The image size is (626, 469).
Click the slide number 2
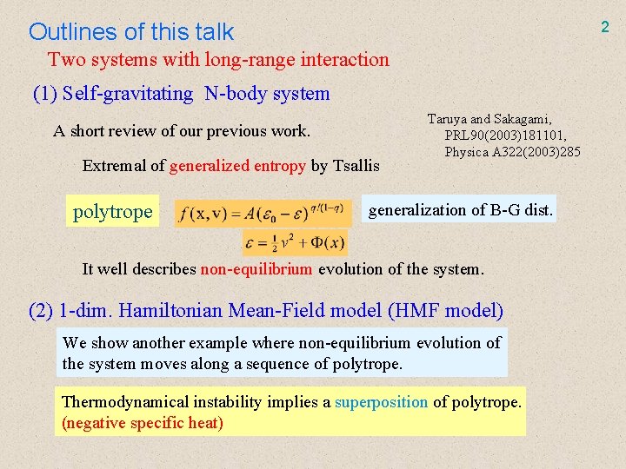tap(605, 27)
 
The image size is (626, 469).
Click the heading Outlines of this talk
tap(131, 32)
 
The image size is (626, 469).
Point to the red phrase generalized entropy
tap(237, 166)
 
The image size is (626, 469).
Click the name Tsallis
tap(356, 166)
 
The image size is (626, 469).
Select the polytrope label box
tap(113, 211)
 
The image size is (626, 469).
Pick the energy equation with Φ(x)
tap(296, 242)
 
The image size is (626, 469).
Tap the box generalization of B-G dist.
tap(460, 210)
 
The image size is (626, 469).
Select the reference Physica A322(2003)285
tap(512, 152)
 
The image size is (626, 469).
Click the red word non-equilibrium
tap(256, 269)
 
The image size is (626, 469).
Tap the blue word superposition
tap(382, 402)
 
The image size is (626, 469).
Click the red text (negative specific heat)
tap(143, 423)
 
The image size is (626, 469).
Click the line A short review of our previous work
tap(182, 131)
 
